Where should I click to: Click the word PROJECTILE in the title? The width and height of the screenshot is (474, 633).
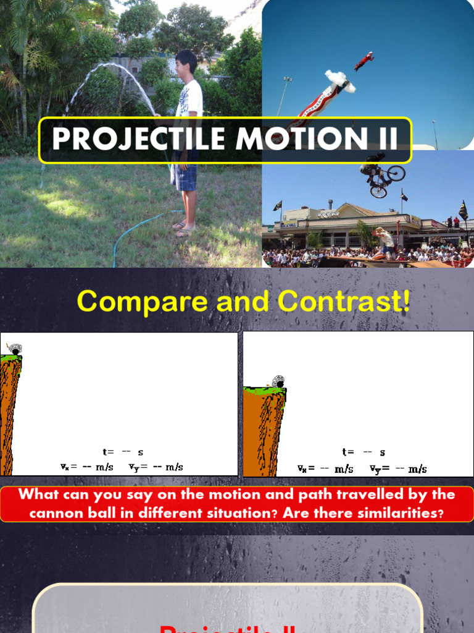pyautogui.click(x=139, y=139)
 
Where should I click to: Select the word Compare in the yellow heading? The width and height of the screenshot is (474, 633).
pyautogui.click(x=127, y=302)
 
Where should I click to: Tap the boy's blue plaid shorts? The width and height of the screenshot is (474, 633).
pyautogui.click(x=185, y=176)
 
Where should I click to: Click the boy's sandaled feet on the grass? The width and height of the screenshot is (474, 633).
pyautogui.click(x=184, y=229)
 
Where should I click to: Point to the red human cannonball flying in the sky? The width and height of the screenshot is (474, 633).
pyautogui.click(x=364, y=61)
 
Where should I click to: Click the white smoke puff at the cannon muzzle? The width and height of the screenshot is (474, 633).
pyautogui.click(x=340, y=81)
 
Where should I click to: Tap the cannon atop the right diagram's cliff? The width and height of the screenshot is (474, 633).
pyautogui.click(x=278, y=381)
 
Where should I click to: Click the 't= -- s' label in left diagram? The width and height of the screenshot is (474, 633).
pyautogui.click(x=123, y=452)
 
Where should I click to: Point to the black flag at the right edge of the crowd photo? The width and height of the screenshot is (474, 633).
pyautogui.click(x=463, y=210)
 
